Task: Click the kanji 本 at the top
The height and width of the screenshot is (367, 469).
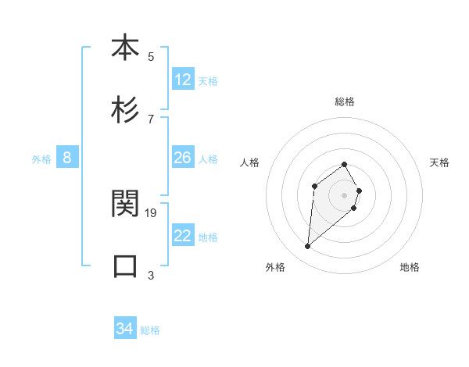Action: (x=125, y=48)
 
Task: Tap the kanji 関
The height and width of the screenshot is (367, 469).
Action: (x=125, y=204)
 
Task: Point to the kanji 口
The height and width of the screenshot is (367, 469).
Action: (x=125, y=265)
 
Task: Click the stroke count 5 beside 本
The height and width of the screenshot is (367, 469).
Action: (x=151, y=56)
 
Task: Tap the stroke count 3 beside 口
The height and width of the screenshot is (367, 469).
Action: (x=151, y=275)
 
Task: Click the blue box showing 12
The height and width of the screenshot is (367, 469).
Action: (x=183, y=80)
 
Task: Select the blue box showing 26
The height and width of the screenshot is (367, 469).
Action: (x=183, y=158)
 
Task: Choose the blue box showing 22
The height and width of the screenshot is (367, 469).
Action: (x=183, y=236)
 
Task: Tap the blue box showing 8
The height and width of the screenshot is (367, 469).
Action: (x=67, y=158)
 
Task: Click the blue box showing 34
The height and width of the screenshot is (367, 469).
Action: (x=125, y=329)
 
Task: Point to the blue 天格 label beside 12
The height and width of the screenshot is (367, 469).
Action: (x=208, y=80)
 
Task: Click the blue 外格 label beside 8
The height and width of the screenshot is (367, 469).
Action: (x=41, y=159)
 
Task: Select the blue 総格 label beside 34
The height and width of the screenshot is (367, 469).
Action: (x=150, y=330)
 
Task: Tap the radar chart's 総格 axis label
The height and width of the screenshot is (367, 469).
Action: (x=345, y=102)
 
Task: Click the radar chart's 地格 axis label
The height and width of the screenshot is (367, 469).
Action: (x=410, y=267)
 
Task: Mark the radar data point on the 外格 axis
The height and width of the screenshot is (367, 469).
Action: (x=308, y=247)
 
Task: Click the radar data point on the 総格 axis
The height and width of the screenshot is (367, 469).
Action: (x=345, y=164)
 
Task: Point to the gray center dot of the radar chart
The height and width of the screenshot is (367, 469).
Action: (x=345, y=194)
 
